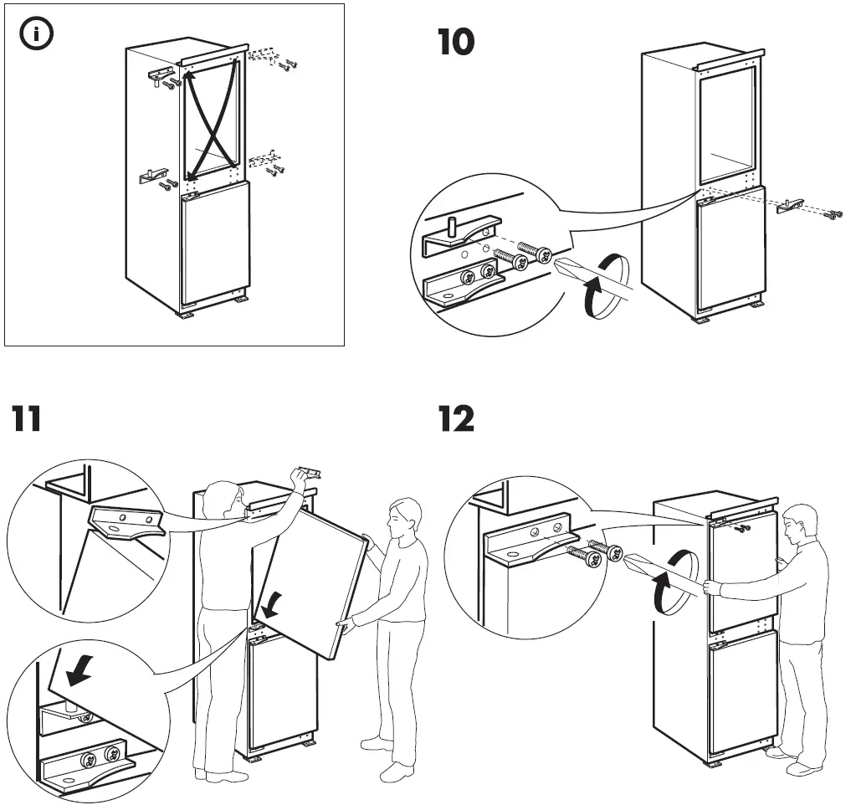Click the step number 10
coord(456,43)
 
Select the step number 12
coord(457,418)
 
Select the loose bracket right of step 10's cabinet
coord(790,205)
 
